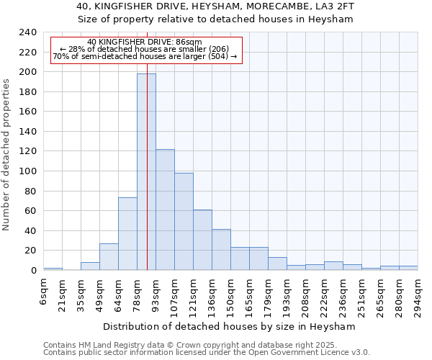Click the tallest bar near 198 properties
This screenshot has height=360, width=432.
146,172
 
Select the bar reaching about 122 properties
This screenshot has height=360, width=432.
165,210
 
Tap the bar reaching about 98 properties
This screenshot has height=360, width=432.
184,221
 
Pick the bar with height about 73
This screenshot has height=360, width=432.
127,234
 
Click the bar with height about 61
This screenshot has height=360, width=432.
202,240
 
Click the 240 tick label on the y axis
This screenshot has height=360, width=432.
28,32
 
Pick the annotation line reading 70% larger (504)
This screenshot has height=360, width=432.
145,56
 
